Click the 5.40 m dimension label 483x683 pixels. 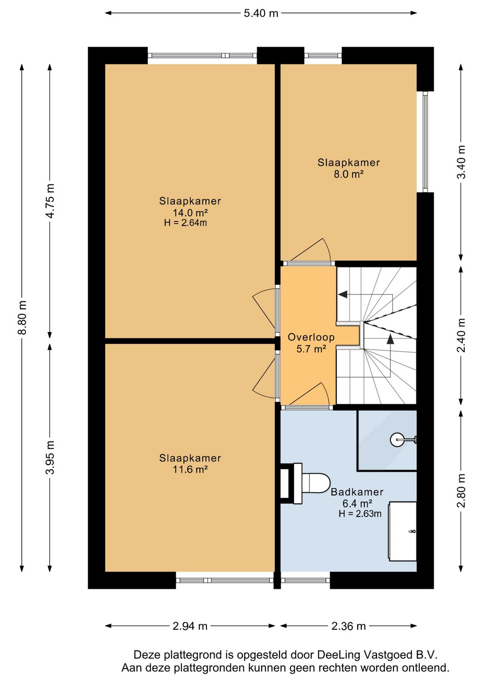coord(261,13)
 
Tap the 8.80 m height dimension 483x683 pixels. coord(22,317)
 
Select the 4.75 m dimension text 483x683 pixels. coord(50,201)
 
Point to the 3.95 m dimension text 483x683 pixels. coord(50,457)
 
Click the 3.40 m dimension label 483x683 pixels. coord(462,162)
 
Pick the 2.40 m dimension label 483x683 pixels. coord(462,335)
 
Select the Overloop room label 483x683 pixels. coord(311,337)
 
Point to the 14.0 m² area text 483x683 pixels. coord(190,212)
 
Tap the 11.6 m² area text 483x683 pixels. coord(190,469)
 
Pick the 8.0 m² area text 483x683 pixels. coord(349,174)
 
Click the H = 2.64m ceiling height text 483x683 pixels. coord(185,223)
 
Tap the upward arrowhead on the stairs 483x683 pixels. coord(390,338)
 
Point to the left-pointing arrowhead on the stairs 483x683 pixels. coord(343,295)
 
